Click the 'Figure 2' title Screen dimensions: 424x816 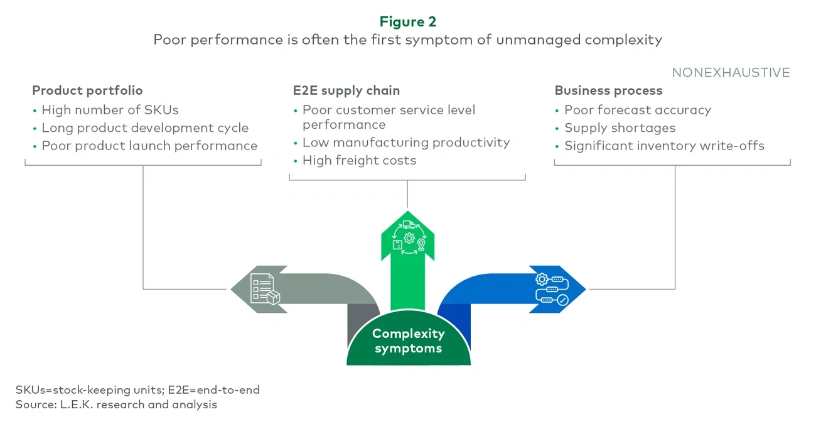(x=407, y=21)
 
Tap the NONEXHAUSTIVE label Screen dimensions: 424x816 (x=731, y=72)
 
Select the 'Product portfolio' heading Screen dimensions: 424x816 (x=87, y=90)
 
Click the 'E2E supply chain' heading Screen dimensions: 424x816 (x=346, y=90)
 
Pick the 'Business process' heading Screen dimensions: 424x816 (x=608, y=90)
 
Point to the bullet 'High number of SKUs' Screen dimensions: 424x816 (x=110, y=110)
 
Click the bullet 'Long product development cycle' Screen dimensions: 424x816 (x=145, y=128)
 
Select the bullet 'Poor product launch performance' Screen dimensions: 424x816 (x=149, y=146)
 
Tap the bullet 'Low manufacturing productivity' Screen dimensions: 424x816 (x=406, y=143)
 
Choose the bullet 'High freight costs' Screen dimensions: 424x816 (x=359, y=160)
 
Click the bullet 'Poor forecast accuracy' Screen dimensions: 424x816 (x=637, y=110)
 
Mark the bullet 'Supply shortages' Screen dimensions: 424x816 (x=620, y=128)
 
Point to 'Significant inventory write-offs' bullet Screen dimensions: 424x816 (x=664, y=146)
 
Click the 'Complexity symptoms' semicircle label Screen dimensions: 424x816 (x=408, y=340)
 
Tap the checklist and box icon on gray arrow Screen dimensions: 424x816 (x=265, y=289)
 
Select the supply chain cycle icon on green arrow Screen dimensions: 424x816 (x=408, y=237)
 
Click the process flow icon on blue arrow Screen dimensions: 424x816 (x=551, y=289)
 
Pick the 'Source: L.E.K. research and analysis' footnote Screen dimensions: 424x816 (x=116, y=405)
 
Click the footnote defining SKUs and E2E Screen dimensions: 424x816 (x=137, y=389)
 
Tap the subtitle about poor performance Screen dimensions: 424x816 (x=407, y=40)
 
